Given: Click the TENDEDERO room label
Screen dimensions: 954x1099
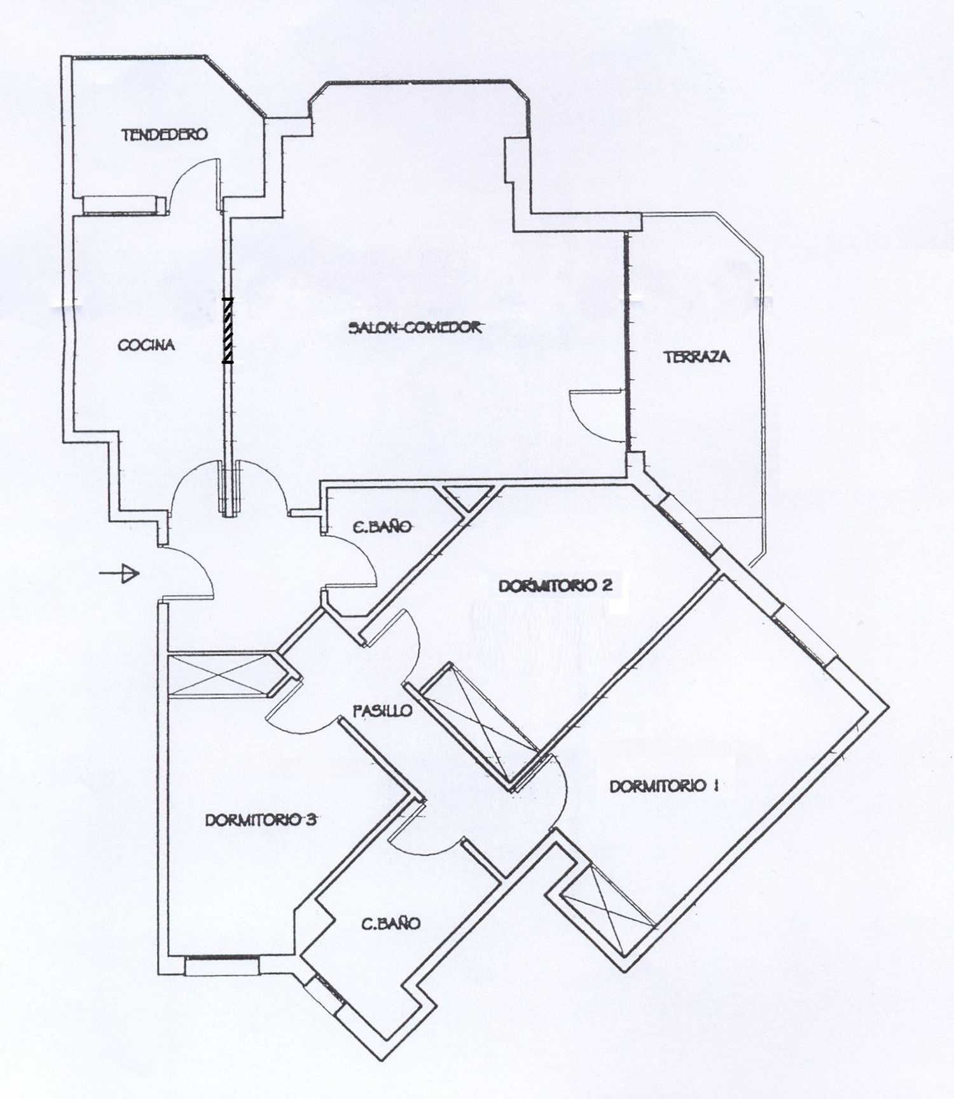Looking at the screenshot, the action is pyautogui.click(x=165, y=135).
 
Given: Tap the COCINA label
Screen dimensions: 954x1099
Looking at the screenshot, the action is pyautogui.click(x=146, y=345).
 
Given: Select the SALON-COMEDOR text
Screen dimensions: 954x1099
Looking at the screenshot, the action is pyautogui.click(x=415, y=328).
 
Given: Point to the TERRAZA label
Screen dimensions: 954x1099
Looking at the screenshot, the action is pyautogui.click(x=697, y=357).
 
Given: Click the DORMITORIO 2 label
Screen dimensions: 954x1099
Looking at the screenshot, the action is pyautogui.click(x=555, y=586).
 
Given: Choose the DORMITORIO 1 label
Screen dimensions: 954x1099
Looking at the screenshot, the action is pyautogui.click(x=664, y=786).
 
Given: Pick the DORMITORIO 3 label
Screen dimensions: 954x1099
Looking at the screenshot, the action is pyautogui.click(x=261, y=820).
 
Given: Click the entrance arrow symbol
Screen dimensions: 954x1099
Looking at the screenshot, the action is pyautogui.click(x=119, y=574).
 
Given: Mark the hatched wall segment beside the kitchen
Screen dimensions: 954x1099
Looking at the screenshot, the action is pyautogui.click(x=227, y=331).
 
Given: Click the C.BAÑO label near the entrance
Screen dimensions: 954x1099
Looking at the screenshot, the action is pyautogui.click(x=382, y=527).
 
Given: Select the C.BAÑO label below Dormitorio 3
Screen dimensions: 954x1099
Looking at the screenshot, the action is pyautogui.click(x=391, y=923).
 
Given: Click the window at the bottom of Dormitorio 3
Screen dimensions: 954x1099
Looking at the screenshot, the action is pyautogui.click(x=221, y=966).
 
